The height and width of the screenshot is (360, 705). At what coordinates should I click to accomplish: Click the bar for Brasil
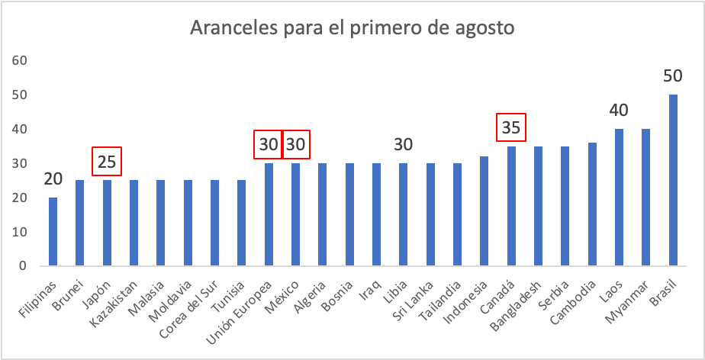tap(672, 181)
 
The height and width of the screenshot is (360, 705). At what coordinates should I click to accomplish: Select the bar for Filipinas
tap(53, 232)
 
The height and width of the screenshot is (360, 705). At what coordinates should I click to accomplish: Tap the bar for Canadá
tap(510, 206)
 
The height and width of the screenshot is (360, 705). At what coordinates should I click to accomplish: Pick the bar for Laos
tap(619, 198)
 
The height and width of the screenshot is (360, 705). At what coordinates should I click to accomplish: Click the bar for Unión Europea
tap(269, 215)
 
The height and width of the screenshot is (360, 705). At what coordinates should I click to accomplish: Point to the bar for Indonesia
tap(484, 211)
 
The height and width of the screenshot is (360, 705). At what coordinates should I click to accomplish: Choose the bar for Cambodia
tap(591, 204)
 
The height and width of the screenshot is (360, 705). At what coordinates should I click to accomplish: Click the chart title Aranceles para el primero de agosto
tap(352, 29)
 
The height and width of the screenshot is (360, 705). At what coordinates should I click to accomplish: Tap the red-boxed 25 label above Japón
tap(107, 162)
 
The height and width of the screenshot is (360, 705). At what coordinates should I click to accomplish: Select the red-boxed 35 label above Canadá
tap(511, 127)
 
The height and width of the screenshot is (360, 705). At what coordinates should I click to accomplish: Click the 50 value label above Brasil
tap(672, 76)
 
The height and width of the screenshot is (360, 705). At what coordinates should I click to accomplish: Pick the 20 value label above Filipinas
tap(53, 179)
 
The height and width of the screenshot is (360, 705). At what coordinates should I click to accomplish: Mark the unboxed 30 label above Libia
tap(404, 145)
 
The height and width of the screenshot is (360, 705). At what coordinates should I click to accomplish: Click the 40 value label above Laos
tap(619, 111)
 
